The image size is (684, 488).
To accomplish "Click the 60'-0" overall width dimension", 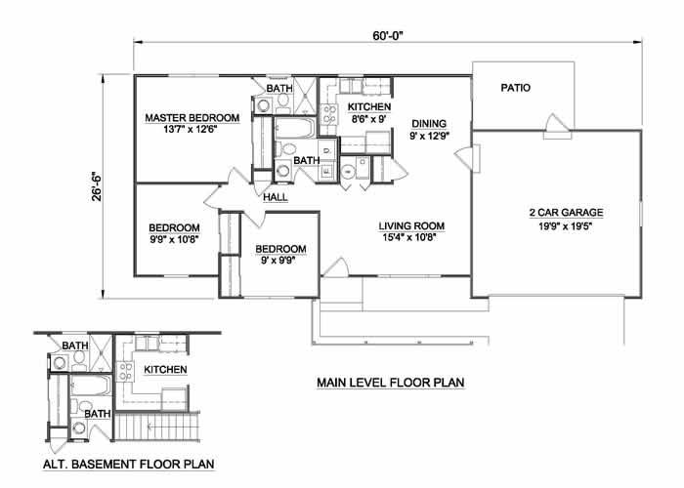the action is point(387,35).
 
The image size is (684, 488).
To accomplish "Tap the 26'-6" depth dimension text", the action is point(97,186).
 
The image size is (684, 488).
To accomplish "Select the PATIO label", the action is point(516,88).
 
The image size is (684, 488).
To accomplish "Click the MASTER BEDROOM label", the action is point(192,118).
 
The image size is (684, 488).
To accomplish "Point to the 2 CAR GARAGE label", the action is point(566,213).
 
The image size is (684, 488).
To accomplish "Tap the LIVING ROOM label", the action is point(411,225).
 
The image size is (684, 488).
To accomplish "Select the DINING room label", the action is point(429,123).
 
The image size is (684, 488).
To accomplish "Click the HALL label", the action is point(276,197).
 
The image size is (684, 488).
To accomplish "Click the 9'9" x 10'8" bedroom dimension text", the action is point(175,239).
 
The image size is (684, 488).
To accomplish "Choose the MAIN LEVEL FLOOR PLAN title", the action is point(391,383).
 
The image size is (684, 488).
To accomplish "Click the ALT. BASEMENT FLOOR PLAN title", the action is point(129,464).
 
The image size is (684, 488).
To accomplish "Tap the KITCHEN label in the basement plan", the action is point(165,370).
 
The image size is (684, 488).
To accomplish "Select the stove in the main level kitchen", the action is point(328,114).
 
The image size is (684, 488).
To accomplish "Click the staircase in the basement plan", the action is point(157,427).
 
